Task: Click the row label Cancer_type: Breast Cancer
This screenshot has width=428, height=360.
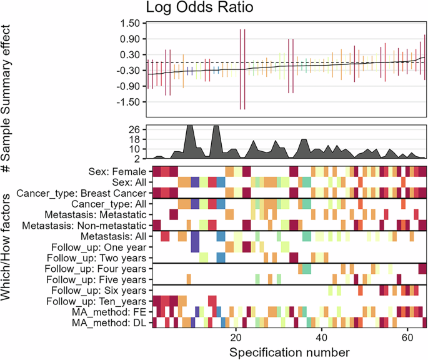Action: (84, 193)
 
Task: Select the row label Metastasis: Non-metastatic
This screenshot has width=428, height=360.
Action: (86, 225)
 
